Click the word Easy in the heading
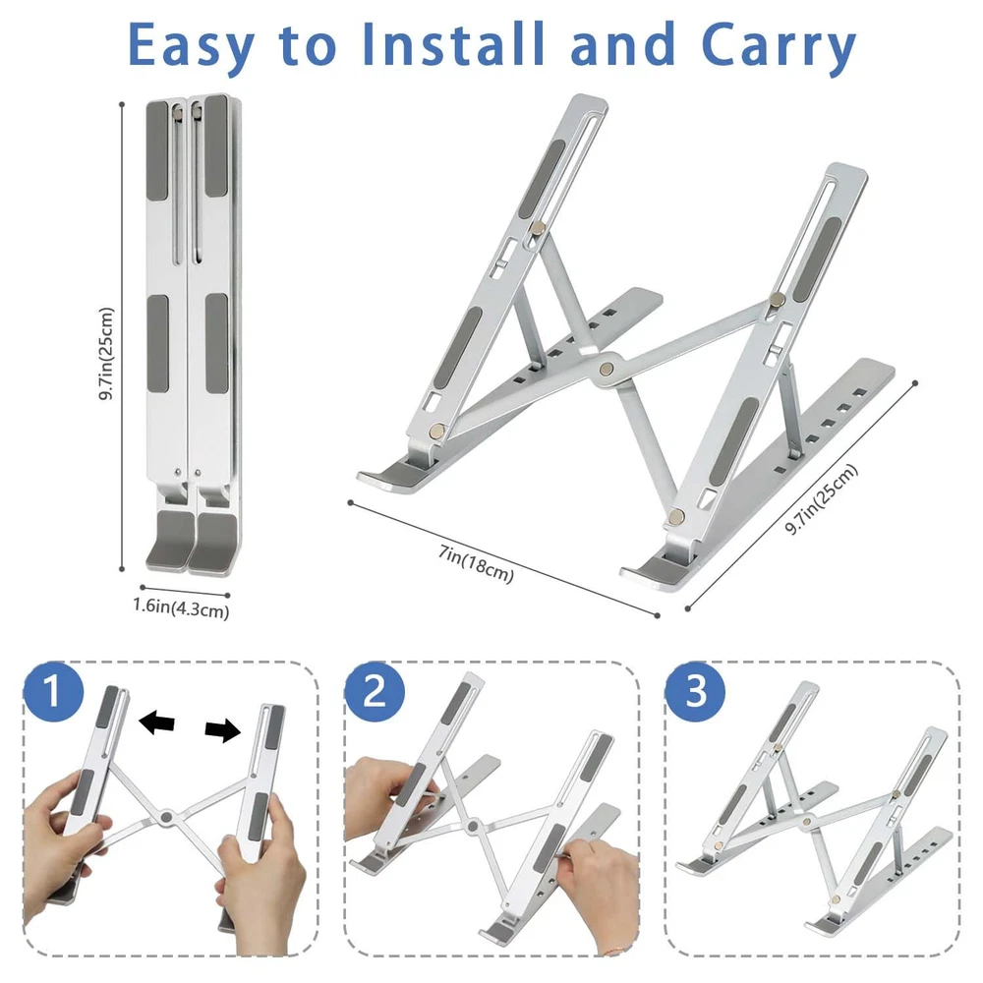[x=191, y=46]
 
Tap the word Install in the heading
[x=452, y=44]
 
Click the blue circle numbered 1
[x=53, y=691]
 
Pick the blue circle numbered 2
[x=375, y=691]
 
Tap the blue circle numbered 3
[x=695, y=691]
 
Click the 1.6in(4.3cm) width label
[x=181, y=608]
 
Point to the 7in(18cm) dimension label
[x=476, y=563]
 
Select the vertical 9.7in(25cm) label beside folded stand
[x=106, y=354]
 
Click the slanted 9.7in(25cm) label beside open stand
[x=821, y=499]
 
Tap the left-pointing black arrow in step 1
[x=156, y=723]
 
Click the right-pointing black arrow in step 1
[x=223, y=729]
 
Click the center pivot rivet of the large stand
[x=607, y=369]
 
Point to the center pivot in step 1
[x=166, y=817]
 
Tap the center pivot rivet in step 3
[x=808, y=820]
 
